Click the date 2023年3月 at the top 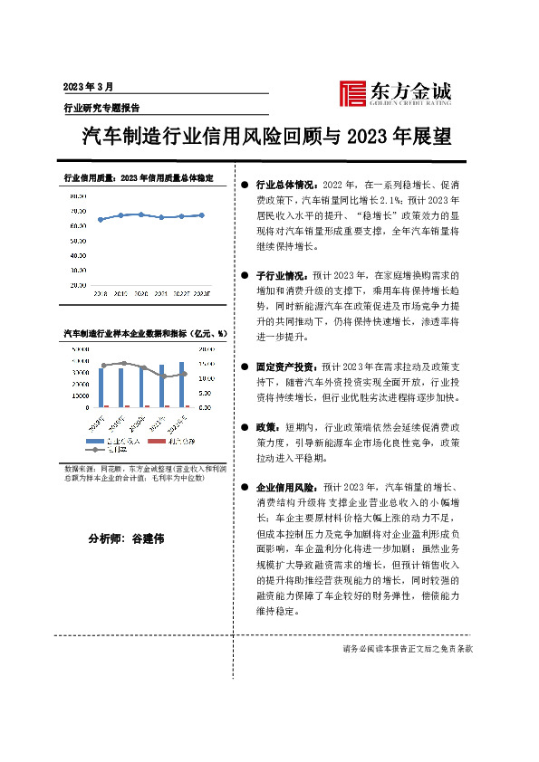point(88,87)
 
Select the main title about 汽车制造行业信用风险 point(266,137)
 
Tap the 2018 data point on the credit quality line point(100,220)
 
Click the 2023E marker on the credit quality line point(202,215)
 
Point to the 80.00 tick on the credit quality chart point(78,195)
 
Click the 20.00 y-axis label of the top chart point(78,285)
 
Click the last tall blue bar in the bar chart point(182,384)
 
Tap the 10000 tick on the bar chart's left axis point(80,394)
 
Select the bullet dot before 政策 point(245,428)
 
